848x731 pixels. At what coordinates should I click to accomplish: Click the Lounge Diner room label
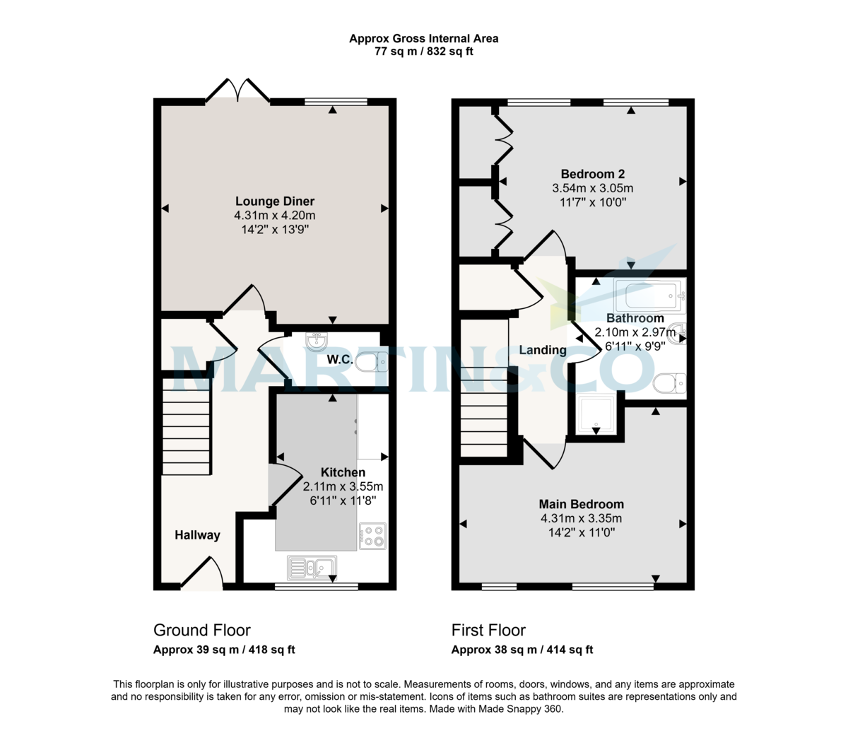pyautogui.click(x=275, y=201)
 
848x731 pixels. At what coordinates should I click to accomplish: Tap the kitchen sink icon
pyautogui.click(x=312, y=568)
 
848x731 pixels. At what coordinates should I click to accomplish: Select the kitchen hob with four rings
pyautogui.click(x=372, y=536)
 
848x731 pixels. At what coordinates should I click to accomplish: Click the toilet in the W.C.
pyautogui.click(x=371, y=363)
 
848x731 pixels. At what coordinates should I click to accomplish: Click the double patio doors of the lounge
pyautogui.click(x=238, y=92)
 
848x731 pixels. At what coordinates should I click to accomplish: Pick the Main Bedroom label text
pyautogui.click(x=581, y=504)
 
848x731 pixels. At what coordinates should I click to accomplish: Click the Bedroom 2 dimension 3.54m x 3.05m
pyautogui.click(x=592, y=188)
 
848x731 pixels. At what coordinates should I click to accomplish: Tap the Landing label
pyautogui.click(x=543, y=350)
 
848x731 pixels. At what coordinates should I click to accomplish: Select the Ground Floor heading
pyautogui.click(x=202, y=630)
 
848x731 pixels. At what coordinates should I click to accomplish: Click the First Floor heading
pyautogui.click(x=489, y=630)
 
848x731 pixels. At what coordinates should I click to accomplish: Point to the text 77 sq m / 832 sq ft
pyautogui.click(x=423, y=52)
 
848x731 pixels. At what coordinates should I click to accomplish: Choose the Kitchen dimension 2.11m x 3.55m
pyautogui.click(x=343, y=486)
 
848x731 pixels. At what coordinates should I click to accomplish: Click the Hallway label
pyautogui.click(x=197, y=535)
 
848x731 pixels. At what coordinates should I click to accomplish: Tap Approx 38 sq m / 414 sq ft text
pyautogui.click(x=522, y=650)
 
